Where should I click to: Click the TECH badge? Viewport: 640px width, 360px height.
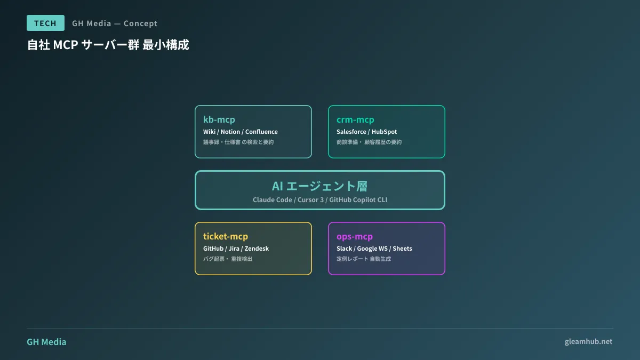pos(45,23)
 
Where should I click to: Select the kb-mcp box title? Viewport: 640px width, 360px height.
pos(219,119)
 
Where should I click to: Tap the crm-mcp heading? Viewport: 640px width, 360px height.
pos(355,119)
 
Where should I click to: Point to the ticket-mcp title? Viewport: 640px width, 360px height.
pos(225,236)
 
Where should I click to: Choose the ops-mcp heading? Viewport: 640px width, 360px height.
pos(354,236)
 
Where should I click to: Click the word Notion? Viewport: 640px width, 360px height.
pos(230,132)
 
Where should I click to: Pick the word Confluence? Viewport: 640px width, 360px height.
pos(261,132)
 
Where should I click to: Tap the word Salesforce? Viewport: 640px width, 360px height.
pos(350,132)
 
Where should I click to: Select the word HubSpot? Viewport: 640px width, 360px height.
pos(384,132)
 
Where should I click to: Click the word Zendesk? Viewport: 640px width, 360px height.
pos(257,249)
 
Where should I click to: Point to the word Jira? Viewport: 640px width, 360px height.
pos(234,249)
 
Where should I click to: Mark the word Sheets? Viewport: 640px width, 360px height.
pos(402,249)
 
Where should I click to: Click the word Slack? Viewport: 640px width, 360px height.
pos(344,249)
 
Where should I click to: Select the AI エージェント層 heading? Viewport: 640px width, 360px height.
pos(319,186)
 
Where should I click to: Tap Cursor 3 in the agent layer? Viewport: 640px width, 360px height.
pos(310,200)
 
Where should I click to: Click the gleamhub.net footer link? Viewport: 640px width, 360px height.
pos(588,341)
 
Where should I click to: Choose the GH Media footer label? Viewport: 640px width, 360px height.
pos(46,342)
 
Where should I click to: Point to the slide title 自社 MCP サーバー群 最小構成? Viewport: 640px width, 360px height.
pos(108,45)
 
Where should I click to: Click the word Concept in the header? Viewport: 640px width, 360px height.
pos(140,23)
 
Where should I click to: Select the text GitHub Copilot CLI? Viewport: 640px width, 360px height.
pos(358,200)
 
